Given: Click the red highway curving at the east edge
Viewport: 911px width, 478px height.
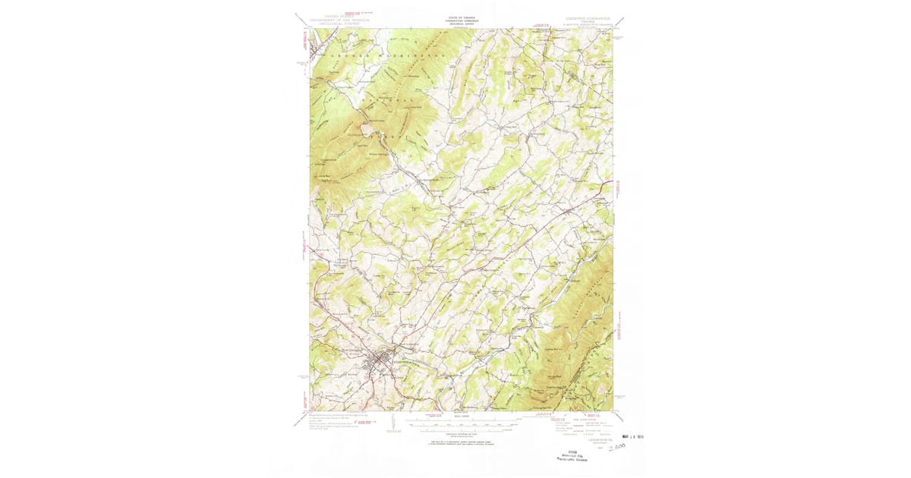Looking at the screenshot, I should [604, 185].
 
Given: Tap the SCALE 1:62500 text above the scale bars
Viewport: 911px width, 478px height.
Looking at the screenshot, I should [461, 417].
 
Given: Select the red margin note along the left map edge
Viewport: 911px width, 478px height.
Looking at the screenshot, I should [304, 250].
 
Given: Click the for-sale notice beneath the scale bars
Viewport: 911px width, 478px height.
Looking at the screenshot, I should [461, 442].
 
